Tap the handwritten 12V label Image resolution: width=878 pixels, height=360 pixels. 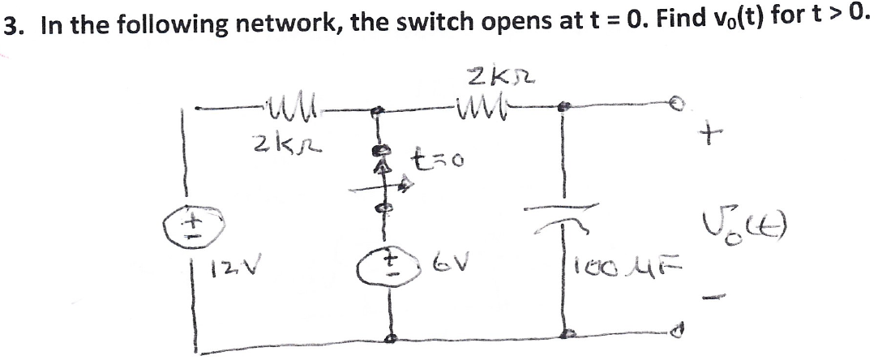pyautogui.click(x=229, y=265)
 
